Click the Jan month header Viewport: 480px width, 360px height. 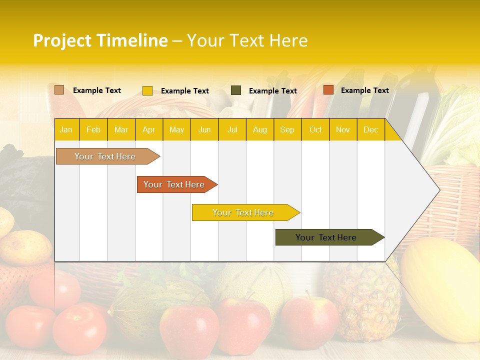(66, 130)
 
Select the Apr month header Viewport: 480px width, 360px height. (148, 130)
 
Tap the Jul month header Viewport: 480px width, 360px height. (232, 130)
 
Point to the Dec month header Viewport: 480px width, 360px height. (370, 130)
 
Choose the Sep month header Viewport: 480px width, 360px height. (287, 130)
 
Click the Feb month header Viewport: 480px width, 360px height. (93, 130)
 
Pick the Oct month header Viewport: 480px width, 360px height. (315, 130)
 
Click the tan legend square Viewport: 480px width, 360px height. (59, 90)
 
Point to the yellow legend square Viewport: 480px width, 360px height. (147, 90)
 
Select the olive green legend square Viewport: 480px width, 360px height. (236, 90)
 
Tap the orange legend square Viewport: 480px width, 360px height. (328, 90)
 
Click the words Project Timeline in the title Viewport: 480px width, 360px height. (100, 40)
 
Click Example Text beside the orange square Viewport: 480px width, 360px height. (364, 90)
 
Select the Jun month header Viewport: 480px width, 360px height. (204, 130)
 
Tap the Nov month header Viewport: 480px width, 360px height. (342, 130)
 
